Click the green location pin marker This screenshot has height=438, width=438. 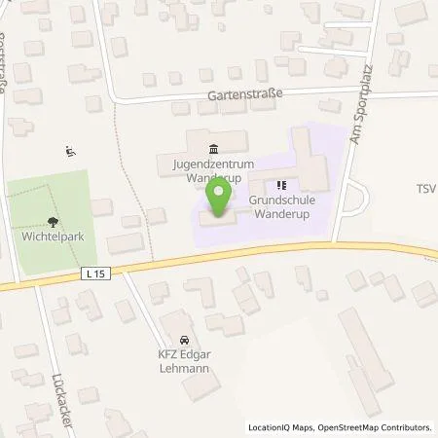221,196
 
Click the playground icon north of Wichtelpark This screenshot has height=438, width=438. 69,151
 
